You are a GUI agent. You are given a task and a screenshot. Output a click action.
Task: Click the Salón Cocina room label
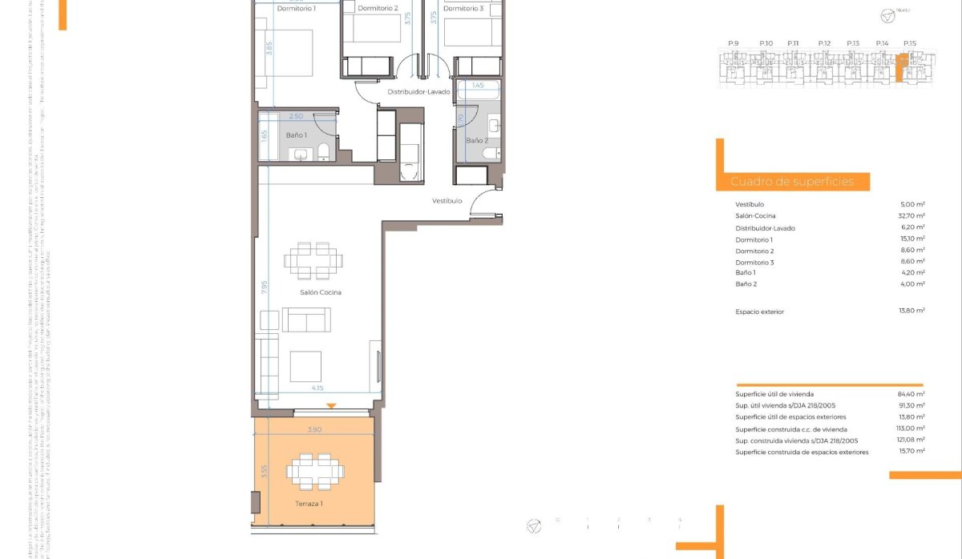tap(320, 292)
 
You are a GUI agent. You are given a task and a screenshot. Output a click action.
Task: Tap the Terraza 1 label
tap(309, 504)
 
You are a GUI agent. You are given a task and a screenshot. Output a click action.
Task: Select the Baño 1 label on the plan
tap(297, 135)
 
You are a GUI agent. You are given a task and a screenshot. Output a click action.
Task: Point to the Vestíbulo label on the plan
tap(447, 200)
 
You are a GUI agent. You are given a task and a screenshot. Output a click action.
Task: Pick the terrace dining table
tap(313, 471)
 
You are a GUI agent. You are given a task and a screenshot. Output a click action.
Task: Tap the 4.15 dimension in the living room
tap(317, 388)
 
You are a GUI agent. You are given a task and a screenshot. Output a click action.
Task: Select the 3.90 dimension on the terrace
tap(314, 430)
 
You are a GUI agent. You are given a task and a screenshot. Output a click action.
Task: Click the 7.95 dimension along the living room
tap(264, 288)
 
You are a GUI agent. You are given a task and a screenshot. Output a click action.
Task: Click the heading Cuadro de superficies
tap(791, 182)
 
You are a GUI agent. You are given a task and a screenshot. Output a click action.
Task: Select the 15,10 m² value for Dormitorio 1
tap(911, 239)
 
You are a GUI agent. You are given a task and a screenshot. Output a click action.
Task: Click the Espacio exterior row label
tap(759, 312)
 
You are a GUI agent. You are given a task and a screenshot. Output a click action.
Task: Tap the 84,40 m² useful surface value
tap(911, 394)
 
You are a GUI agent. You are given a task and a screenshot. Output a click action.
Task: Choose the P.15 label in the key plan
tap(909, 43)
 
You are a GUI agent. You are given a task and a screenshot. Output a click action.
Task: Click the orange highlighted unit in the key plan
tap(899, 68)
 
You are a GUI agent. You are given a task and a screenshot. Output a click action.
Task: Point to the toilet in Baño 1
tap(323, 151)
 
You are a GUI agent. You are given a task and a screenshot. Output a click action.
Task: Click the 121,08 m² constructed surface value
tap(911, 440)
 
